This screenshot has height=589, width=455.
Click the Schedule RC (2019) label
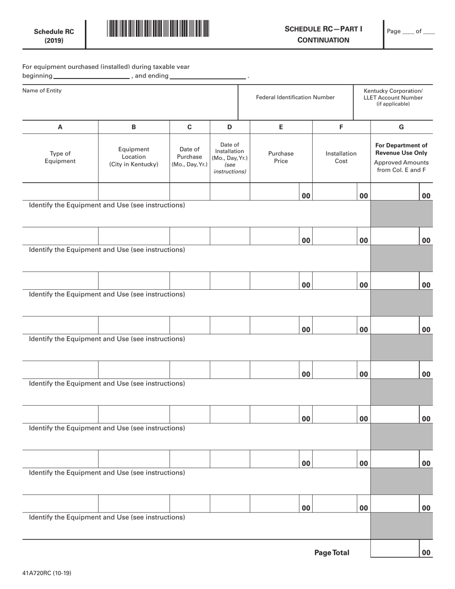point(54,36)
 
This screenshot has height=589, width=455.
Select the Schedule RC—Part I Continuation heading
point(323,34)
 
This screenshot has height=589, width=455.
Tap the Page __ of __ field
point(410,31)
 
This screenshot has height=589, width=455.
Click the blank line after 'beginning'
point(91,76)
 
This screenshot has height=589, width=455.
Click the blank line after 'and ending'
point(208,76)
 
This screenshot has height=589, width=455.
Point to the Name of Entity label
point(42,91)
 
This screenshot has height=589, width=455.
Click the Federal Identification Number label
point(296,97)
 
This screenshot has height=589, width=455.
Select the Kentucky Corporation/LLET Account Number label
point(393,97)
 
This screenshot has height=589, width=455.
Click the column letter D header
point(229,127)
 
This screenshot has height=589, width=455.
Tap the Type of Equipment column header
point(60,158)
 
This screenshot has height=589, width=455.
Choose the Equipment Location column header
point(134,157)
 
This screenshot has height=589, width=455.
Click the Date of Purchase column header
point(190,157)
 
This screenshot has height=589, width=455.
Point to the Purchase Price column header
point(281,158)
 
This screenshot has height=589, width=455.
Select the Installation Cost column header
point(341,158)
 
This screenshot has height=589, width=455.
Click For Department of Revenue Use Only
point(401,149)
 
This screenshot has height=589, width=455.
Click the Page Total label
point(331,553)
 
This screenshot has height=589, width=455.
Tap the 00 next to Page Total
point(426,553)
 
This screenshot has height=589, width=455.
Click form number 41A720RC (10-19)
point(47,573)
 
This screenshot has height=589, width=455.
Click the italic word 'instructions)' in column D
point(229,171)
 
